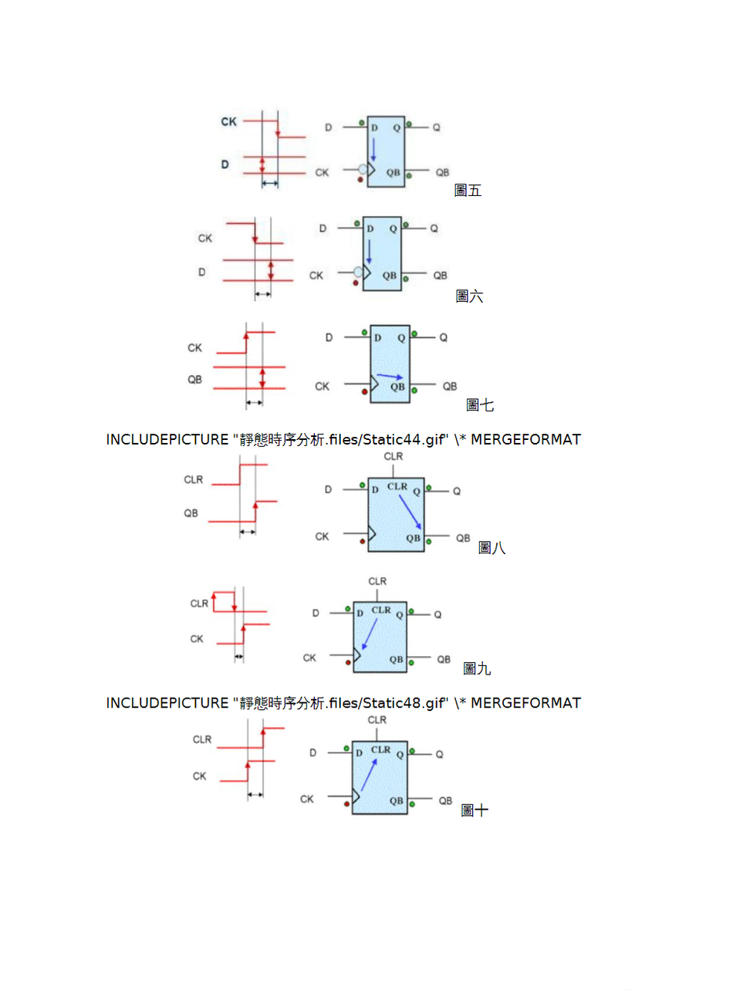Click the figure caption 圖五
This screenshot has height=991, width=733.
[468, 191]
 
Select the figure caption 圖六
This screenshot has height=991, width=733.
[469, 296]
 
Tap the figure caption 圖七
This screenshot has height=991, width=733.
[480, 405]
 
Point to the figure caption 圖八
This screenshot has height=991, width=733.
[491, 548]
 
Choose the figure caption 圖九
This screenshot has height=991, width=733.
[477, 668]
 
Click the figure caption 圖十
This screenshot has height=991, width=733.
[475, 810]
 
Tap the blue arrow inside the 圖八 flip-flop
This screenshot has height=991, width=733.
[410, 512]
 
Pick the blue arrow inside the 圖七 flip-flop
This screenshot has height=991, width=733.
[390, 376]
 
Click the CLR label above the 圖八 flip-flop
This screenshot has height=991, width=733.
[394, 457]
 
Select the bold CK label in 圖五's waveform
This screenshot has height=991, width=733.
[229, 122]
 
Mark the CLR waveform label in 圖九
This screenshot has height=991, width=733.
[199, 604]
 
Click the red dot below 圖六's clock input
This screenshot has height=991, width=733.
[355, 283]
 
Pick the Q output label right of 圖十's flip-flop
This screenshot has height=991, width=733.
[439, 754]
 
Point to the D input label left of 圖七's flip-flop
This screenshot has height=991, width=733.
[329, 337]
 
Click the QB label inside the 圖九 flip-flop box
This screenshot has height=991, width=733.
[397, 659]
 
